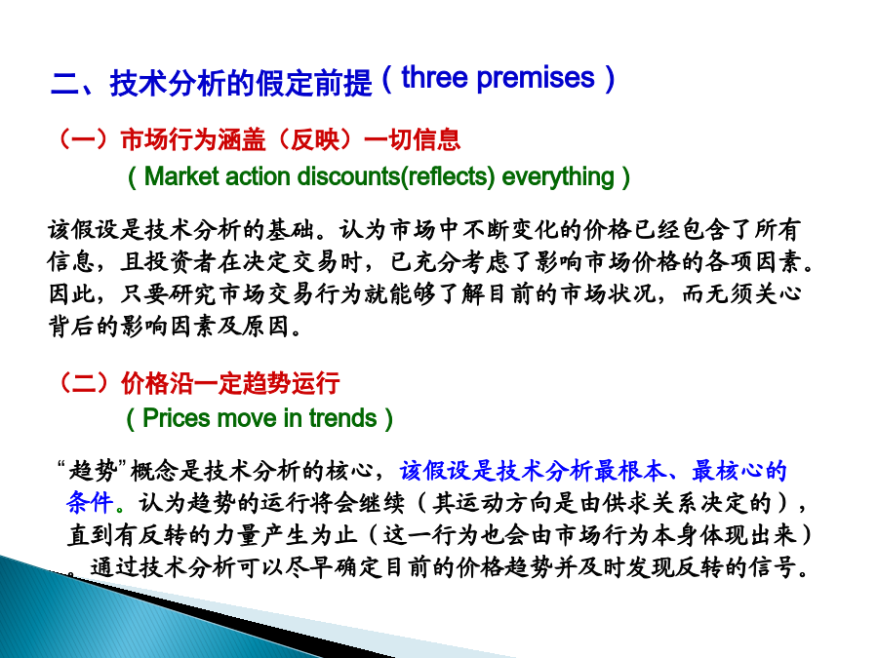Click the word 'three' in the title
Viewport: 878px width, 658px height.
tap(434, 77)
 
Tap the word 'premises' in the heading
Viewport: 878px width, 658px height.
tap(536, 78)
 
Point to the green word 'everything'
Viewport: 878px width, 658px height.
tap(558, 177)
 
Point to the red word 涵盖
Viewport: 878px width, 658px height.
tap(241, 139)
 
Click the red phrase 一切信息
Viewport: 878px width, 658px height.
tap(412, 139)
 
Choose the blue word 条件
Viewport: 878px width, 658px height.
tap(90, 502)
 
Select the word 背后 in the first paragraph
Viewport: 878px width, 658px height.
tap(71, 327)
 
